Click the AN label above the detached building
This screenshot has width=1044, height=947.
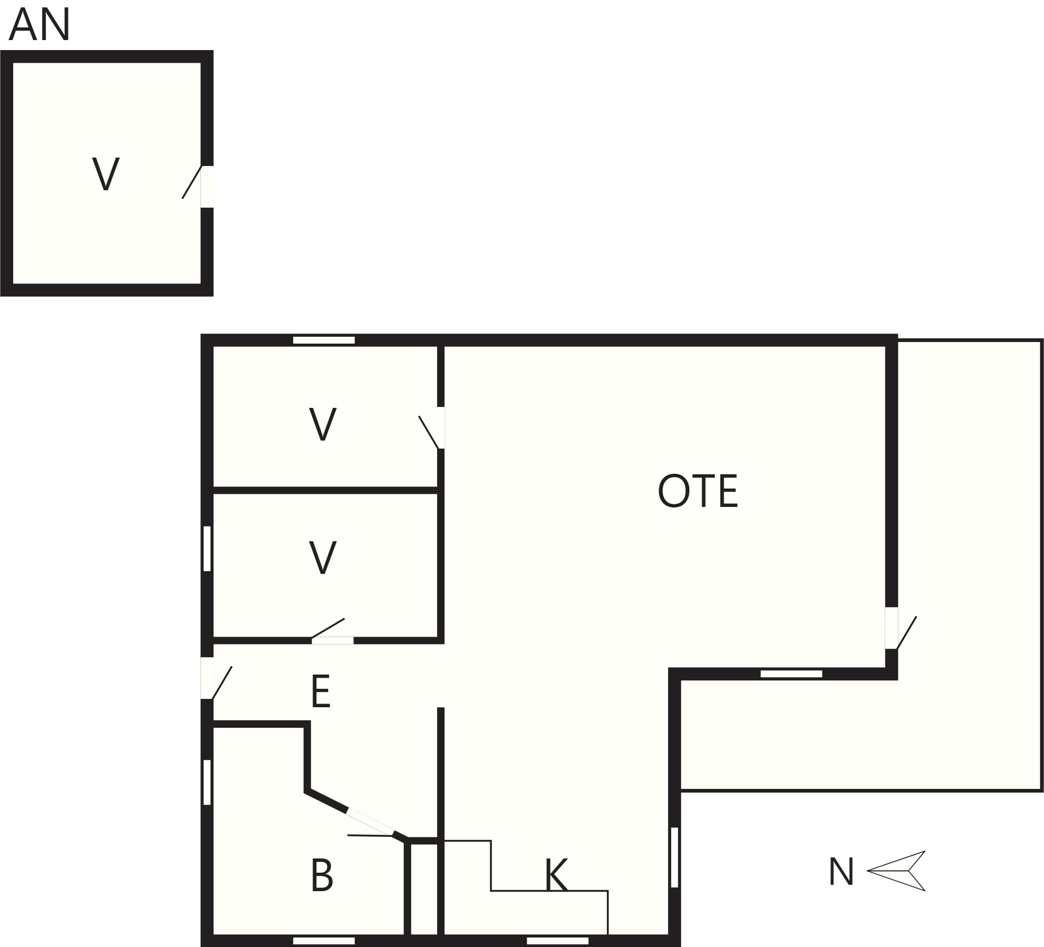(40, 25)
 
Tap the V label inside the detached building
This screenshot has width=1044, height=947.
(106, 173)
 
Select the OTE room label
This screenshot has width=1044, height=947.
(698, 491)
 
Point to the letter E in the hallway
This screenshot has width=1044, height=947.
(321, 691)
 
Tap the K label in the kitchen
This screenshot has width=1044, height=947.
(556, 874)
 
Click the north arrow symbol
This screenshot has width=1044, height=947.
(896, 871)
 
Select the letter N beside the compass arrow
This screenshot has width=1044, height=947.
(841, 871)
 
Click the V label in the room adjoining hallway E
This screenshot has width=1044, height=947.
(322, 558)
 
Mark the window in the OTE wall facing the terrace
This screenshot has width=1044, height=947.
(791, 674)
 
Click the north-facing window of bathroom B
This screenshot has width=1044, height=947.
(207, 782)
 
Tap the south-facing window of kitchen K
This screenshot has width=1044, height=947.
(674, 857)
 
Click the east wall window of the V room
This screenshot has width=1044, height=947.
(324, 340)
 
